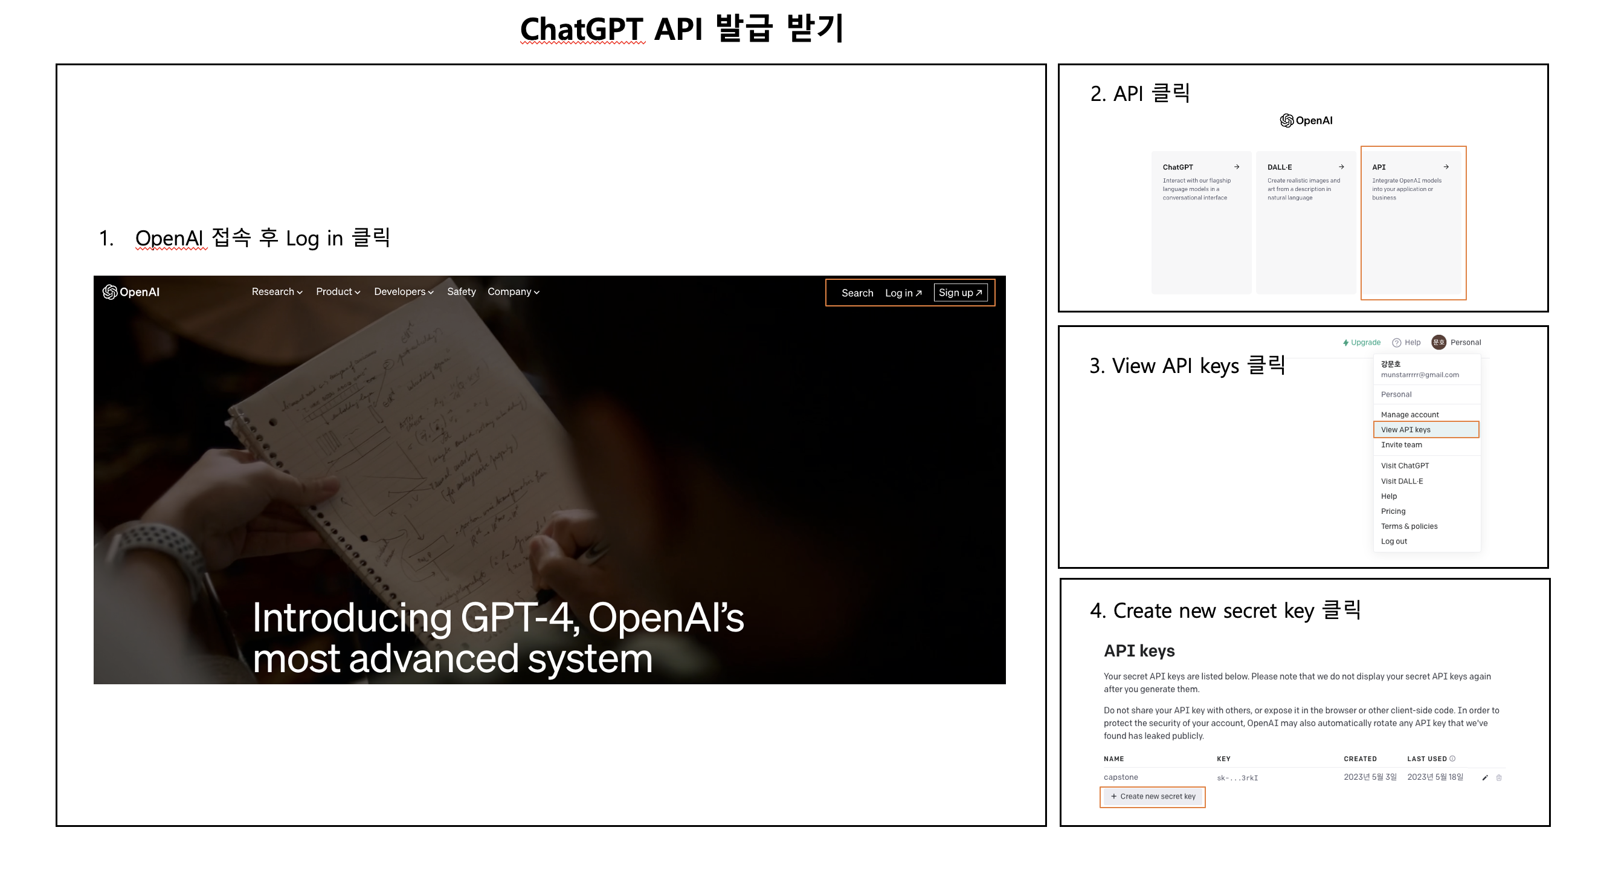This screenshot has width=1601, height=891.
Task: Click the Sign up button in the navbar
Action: point(960,293)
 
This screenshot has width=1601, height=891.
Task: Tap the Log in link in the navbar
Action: point(903,293)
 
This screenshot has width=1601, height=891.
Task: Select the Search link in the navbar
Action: point(857,293)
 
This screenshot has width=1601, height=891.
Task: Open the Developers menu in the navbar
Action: point(404,291)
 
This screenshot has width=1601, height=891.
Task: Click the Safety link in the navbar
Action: point(461,291)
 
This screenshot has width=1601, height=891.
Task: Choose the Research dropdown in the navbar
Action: point(277,291)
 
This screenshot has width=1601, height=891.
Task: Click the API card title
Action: point(1379,167)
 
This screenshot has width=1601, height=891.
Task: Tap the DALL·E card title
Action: point(1279,167)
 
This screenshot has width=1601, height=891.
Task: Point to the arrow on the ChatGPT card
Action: point(1237,167)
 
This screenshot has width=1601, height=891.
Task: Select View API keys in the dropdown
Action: point(1406,430)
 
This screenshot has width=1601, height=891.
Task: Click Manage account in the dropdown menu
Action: point(1409,415)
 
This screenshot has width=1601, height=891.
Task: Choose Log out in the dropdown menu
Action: point(1393,542)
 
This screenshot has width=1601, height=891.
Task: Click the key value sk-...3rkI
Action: point(1237,778)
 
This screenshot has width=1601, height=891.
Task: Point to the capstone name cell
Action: point(1121,777)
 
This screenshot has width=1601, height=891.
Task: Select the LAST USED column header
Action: point(1427,759)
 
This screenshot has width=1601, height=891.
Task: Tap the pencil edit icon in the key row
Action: point(1485,778)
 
